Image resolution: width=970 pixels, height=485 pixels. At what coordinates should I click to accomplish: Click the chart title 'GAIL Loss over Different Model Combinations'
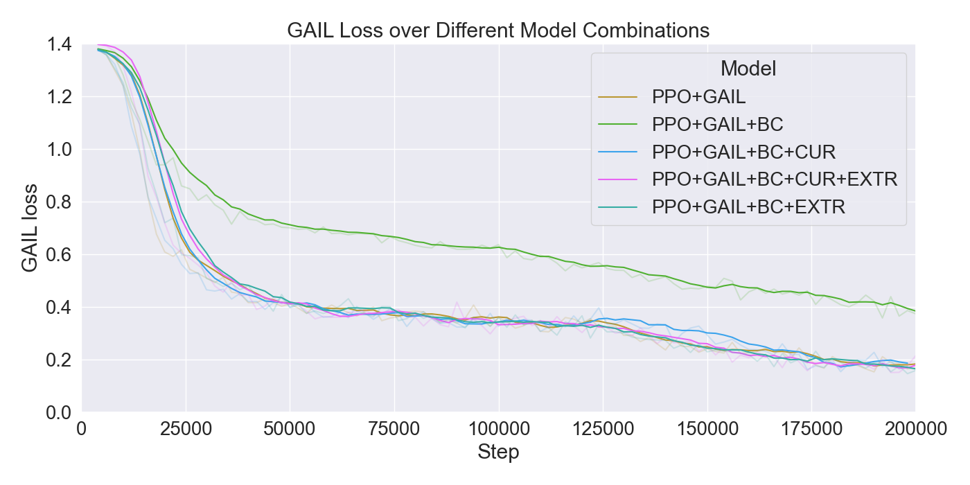point(498,30)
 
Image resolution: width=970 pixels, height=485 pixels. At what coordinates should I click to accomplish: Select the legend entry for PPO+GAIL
point(698,97)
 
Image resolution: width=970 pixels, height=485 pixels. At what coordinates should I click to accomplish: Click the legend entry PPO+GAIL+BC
point(717,125)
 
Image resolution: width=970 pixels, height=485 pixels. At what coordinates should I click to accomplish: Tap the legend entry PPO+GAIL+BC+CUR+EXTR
point(774,179)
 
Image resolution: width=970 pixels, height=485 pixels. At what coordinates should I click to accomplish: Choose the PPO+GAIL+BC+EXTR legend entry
point(748,206)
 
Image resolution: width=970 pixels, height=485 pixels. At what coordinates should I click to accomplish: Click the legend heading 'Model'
point(748,69)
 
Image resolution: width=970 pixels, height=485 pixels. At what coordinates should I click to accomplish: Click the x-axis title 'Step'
point(498,453)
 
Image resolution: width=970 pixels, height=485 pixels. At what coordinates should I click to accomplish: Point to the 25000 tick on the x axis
point(186,430)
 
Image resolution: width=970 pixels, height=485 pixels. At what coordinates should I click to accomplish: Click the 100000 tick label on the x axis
point(498,430)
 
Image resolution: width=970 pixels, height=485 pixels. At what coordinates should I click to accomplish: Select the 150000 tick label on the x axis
point(707,430)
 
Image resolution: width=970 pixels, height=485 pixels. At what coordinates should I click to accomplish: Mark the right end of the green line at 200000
point(914,311)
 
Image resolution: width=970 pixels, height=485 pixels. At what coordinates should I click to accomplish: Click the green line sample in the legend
point(618,125)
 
